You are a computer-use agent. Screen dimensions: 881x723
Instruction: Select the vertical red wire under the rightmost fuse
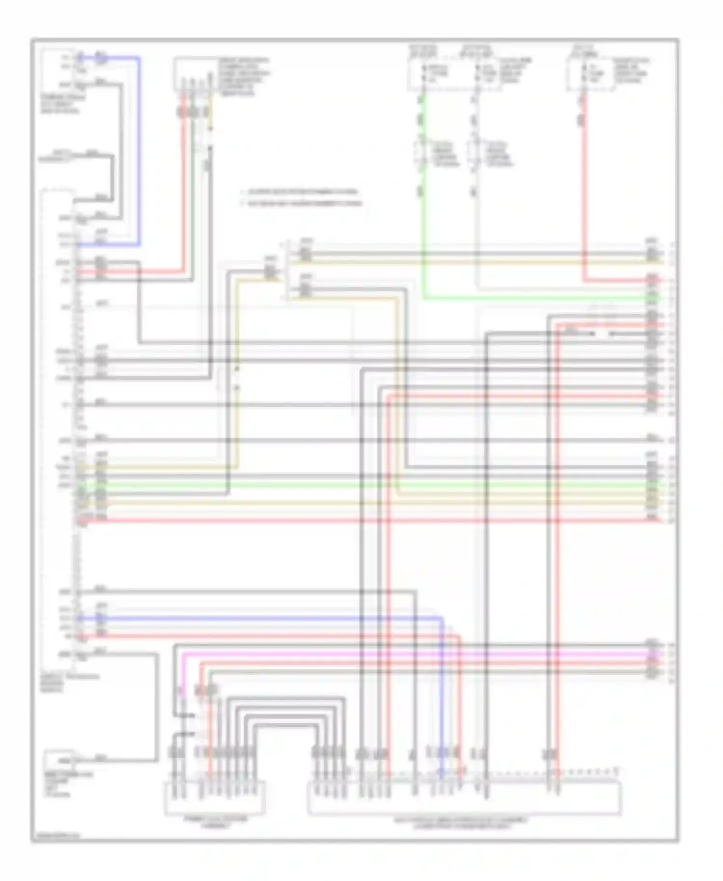pyautogui.click(x=583, y=193)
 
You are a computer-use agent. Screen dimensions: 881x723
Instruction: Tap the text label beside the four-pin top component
pyautogui.click(x=243, y=77)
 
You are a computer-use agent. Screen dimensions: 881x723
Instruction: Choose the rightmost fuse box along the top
pyautogui.click(x=590, y=75)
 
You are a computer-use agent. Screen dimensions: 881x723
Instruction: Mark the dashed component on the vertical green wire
pyautogui.click(x=422, y=154)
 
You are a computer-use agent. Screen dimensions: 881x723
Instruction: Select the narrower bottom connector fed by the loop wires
pyautogui.click(x=214, y=799)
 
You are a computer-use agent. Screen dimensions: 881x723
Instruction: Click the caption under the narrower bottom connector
pyautogui.click(x=214, y=822)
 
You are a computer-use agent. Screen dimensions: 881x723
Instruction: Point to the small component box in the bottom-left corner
pyautogui.click(x=59, y=760)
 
